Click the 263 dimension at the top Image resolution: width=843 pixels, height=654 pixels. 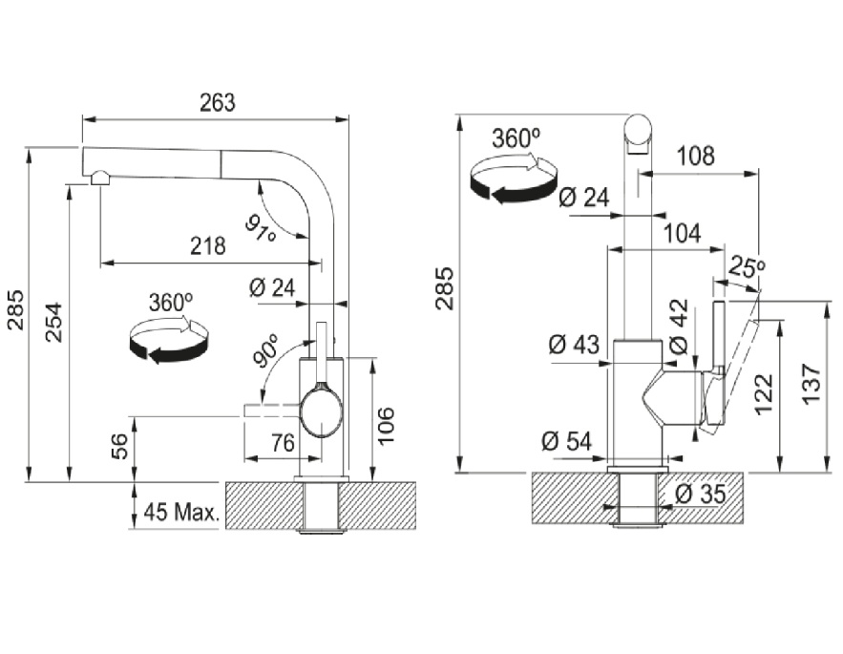click(x=217, y=103)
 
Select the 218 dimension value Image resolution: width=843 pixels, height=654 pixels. click(x=207, y=246)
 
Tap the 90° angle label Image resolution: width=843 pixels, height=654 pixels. click(x=265, y=352)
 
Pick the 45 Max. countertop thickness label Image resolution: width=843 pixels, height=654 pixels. click(x=181, y=513)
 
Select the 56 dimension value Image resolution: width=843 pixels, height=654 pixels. click(x=119, y=447)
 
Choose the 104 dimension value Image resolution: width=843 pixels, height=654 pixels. click(x=682, y=233)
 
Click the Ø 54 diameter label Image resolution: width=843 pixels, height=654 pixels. click(x=566, y=441)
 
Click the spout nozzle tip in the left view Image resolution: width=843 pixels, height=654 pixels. click(x=99, y=179)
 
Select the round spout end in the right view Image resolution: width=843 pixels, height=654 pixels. click(x=640, y=131)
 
